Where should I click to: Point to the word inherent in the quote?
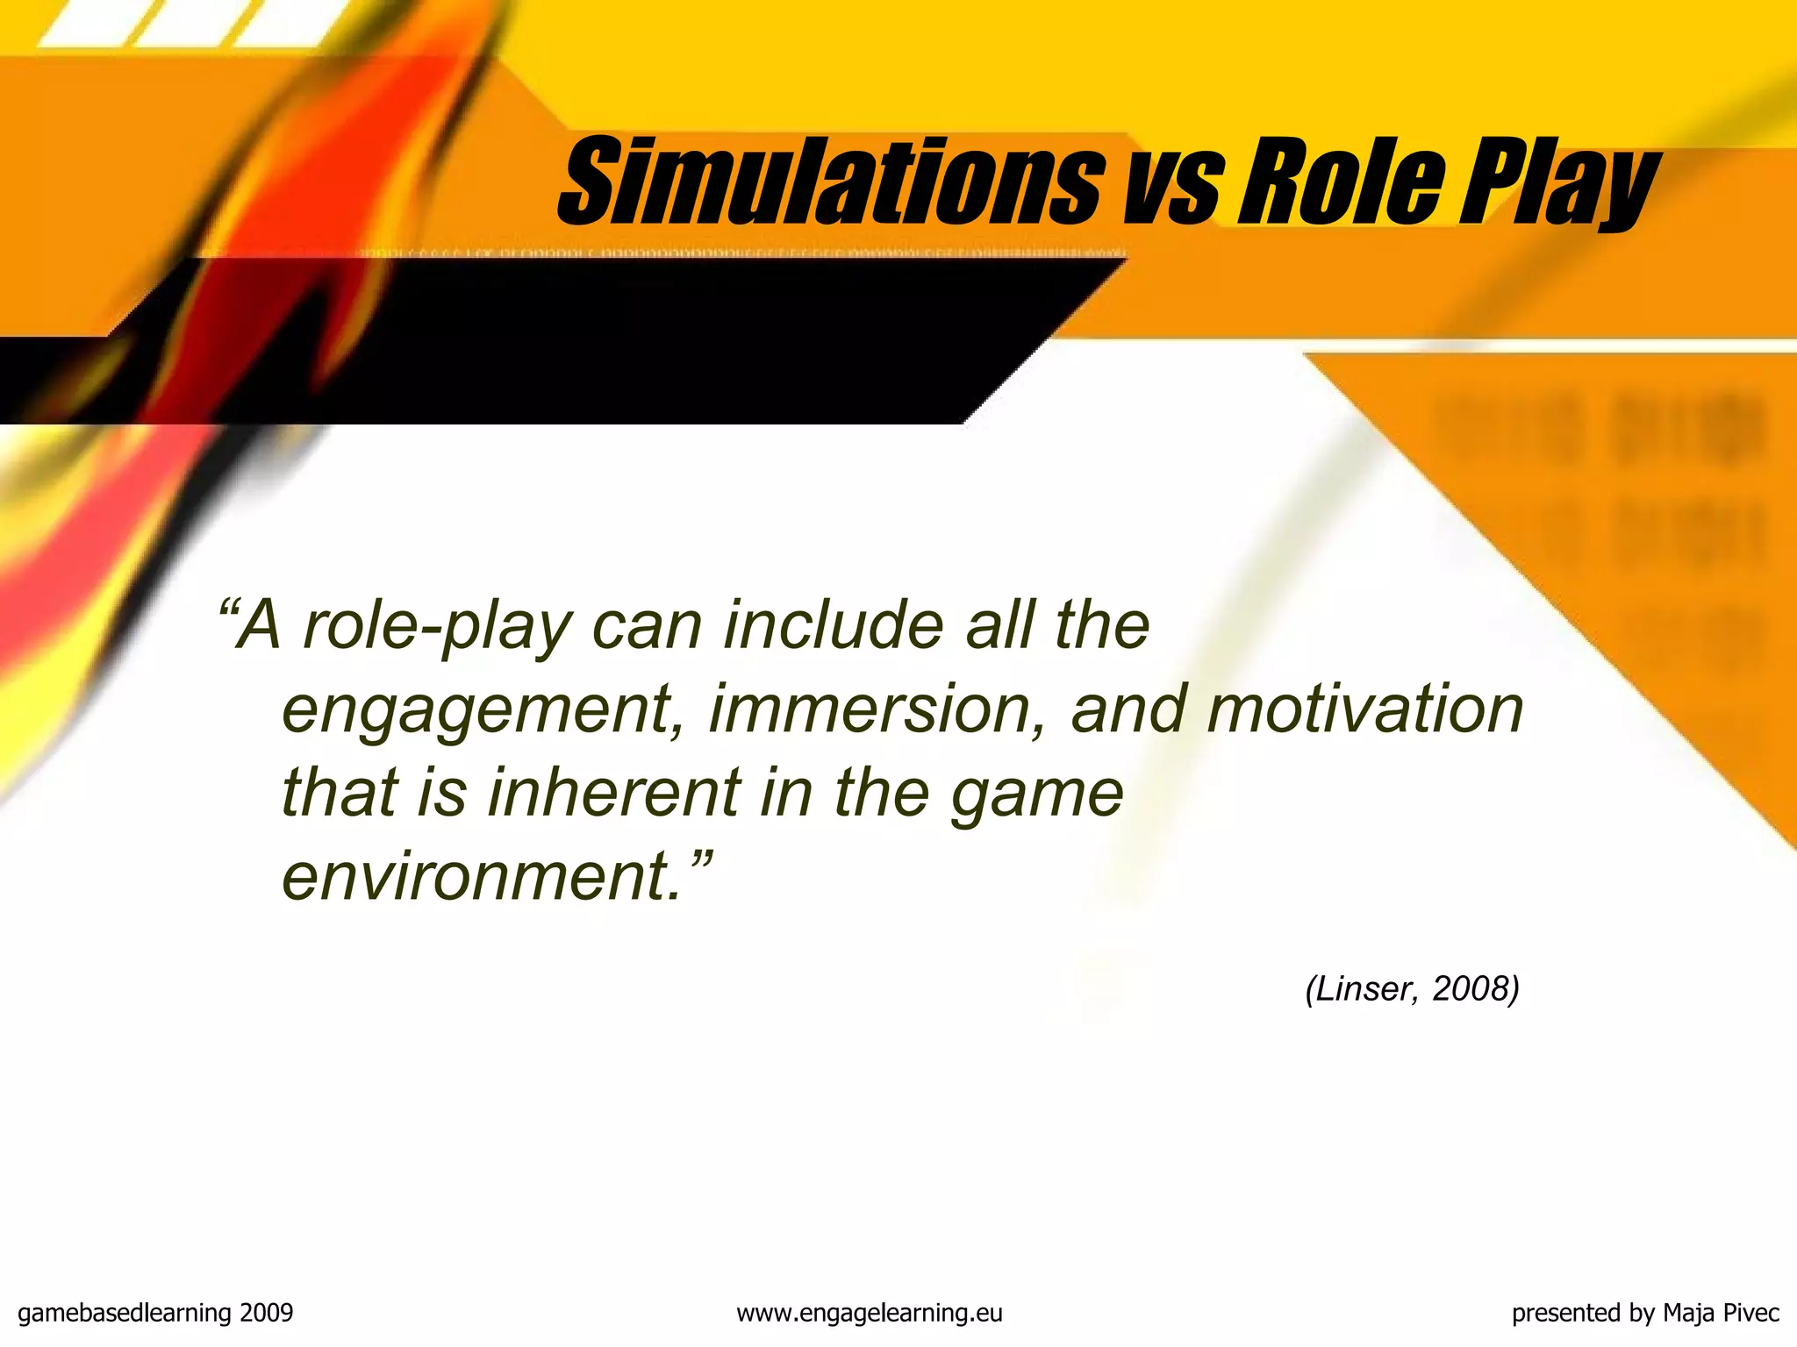614,793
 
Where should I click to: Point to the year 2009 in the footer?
267,1313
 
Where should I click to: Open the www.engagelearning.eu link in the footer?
869,1313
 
